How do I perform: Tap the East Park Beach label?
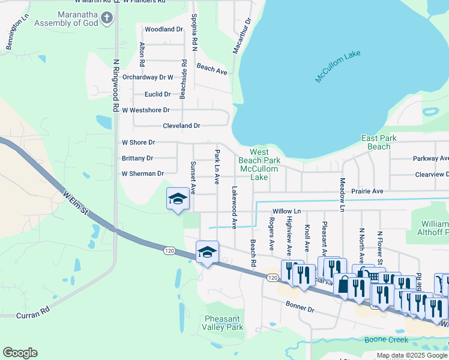click(x=379, y=142)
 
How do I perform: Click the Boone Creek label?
click(x=386, y=340)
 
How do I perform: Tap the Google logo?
click(x=20, y=353)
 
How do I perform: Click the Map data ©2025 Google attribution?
click(x=411, y=355)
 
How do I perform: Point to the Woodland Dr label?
click(x=163, y=29)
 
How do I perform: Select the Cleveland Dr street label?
click(x=181, y=126)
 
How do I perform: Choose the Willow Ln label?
click(x=286, y=211)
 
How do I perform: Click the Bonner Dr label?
click(x=300, y=308)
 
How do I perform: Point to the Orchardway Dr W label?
click(x=148, y=77)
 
